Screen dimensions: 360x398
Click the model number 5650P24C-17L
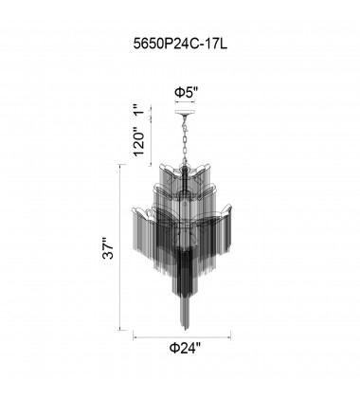180,44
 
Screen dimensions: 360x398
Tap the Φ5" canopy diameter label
186,93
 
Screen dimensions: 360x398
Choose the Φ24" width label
186,348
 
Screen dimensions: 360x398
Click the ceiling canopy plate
185,113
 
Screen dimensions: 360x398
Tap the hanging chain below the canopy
185,139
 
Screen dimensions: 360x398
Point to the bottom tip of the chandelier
186,330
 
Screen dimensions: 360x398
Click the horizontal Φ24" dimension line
182,338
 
